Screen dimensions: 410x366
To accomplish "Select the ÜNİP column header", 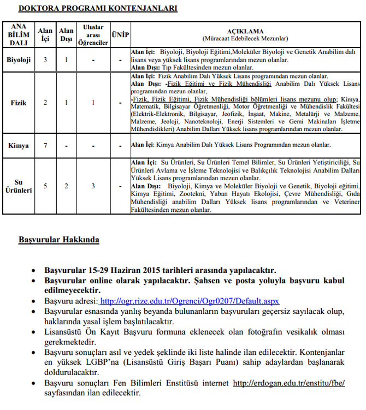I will coord(120,34).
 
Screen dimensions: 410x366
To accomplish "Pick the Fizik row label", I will coord(19,102).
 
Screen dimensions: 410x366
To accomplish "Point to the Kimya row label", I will coord(19,145).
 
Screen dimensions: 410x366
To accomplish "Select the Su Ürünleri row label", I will coord(19,186).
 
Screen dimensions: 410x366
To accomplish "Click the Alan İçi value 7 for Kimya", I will coord(45,145).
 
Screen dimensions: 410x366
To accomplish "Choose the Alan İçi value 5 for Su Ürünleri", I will coord(45,186).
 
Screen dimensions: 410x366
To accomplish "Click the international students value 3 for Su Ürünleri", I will coord(93,186).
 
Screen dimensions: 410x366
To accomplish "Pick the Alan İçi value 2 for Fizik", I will coord(45,102).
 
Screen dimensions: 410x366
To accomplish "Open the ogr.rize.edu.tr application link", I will coord(190,301).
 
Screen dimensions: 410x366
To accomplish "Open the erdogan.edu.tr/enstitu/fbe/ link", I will coord(289,383).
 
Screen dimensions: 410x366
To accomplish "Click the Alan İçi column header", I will coord(45,34).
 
